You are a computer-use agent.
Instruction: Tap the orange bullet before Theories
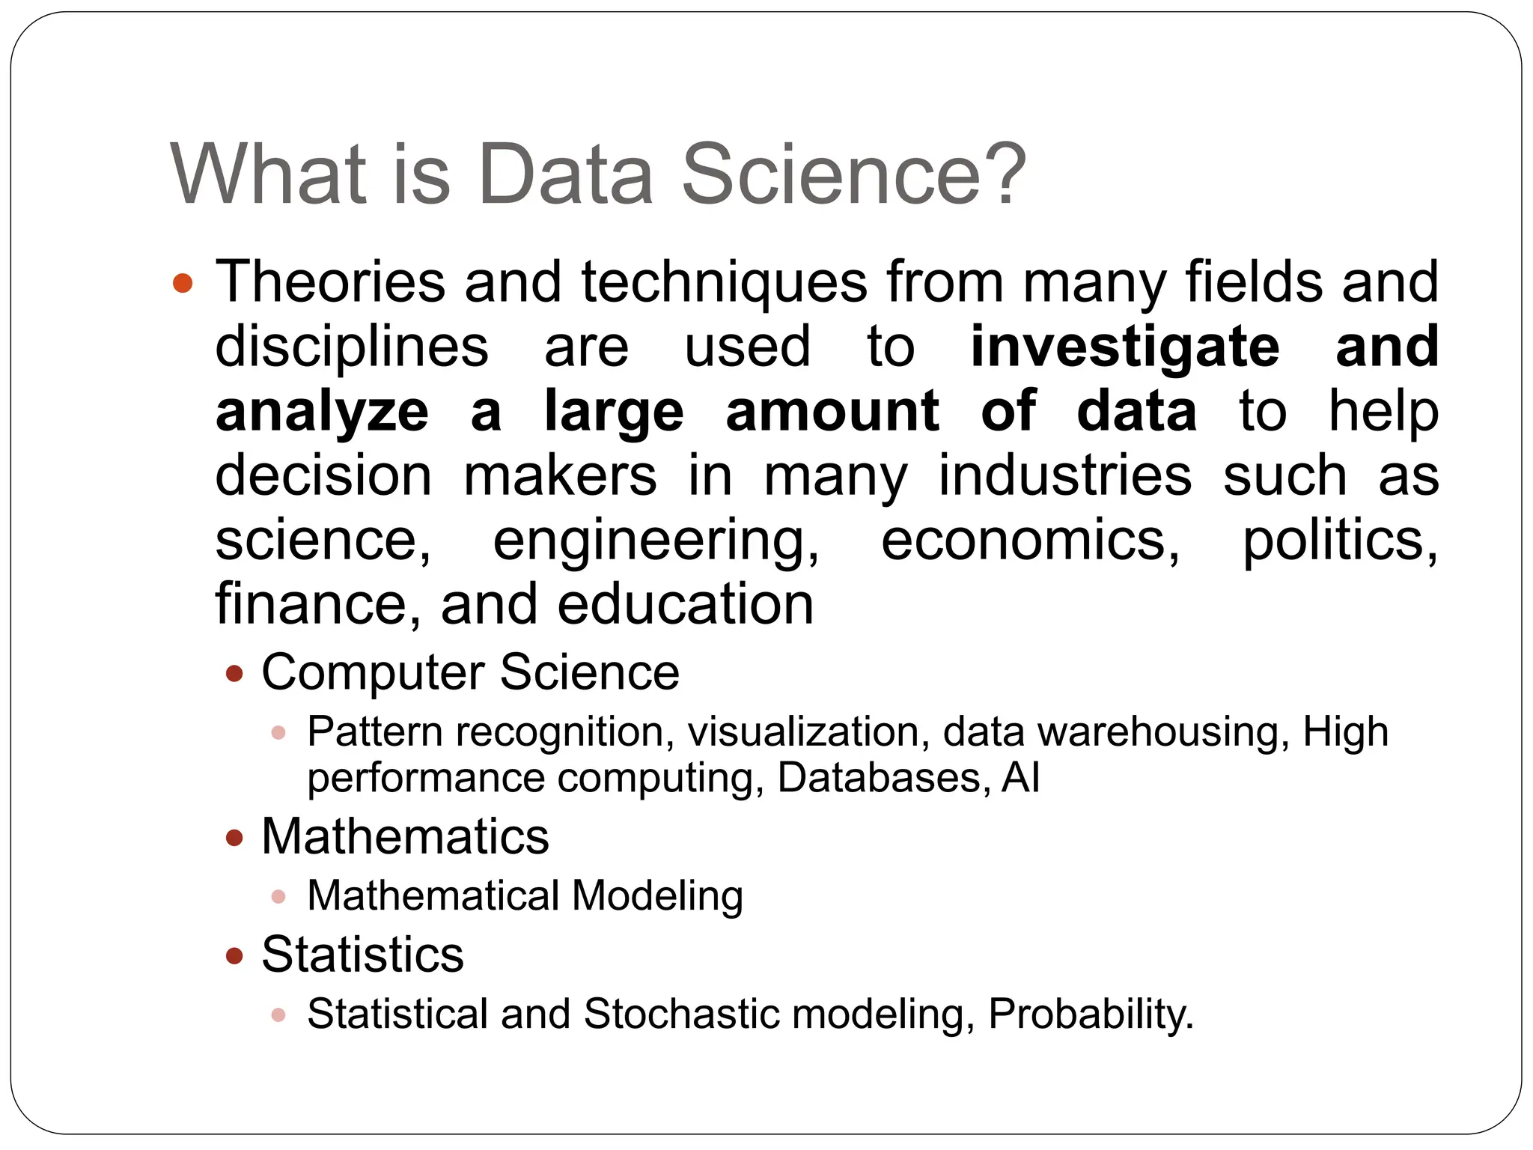[183, 284]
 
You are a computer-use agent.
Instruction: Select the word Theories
[330, 282]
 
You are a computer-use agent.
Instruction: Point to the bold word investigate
[1124, 347]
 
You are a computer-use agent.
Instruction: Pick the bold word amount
[832, 411]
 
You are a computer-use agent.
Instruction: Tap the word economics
[1030, 540]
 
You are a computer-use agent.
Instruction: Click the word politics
[1339, 541]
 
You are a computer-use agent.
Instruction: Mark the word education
[685, 605]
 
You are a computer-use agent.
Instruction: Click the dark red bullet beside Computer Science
[234, 674]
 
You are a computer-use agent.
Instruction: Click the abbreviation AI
[1020, 778]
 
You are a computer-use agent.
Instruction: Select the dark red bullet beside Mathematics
[234, 838]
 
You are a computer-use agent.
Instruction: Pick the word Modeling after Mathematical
[656, 897]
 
